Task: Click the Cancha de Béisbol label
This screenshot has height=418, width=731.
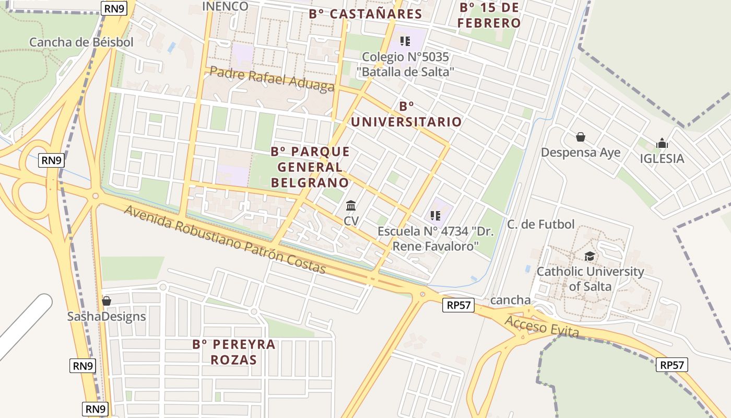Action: click(81, 42)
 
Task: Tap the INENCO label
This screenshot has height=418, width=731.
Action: click(225, 6)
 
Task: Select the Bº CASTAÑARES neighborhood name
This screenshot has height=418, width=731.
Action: click(365, 14)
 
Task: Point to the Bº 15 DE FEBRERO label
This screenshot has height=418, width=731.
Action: click(490, 16)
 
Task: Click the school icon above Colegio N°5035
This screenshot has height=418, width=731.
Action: click(405, 41)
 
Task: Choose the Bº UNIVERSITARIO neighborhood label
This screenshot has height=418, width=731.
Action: click(406, 114)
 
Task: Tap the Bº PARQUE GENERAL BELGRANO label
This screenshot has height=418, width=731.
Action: click(310, 167)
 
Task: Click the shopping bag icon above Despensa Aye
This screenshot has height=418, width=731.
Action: click(580, 137)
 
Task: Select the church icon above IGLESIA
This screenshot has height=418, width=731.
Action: click(662, 143)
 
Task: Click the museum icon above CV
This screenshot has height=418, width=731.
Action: click(351, 205)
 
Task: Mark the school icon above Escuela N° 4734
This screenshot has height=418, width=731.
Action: click(435, 215)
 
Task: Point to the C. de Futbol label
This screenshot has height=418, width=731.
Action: click(541, 224)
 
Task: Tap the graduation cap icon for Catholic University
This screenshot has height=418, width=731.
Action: click(589, 256)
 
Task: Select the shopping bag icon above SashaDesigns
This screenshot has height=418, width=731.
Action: click(107, 301)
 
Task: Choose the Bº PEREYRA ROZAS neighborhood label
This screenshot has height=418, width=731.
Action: click(234, 352)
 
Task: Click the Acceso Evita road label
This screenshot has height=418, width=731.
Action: click(542, 327)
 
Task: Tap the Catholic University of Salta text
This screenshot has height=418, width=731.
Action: click(590, 279)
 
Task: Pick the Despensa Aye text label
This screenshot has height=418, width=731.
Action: click(581, 153)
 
